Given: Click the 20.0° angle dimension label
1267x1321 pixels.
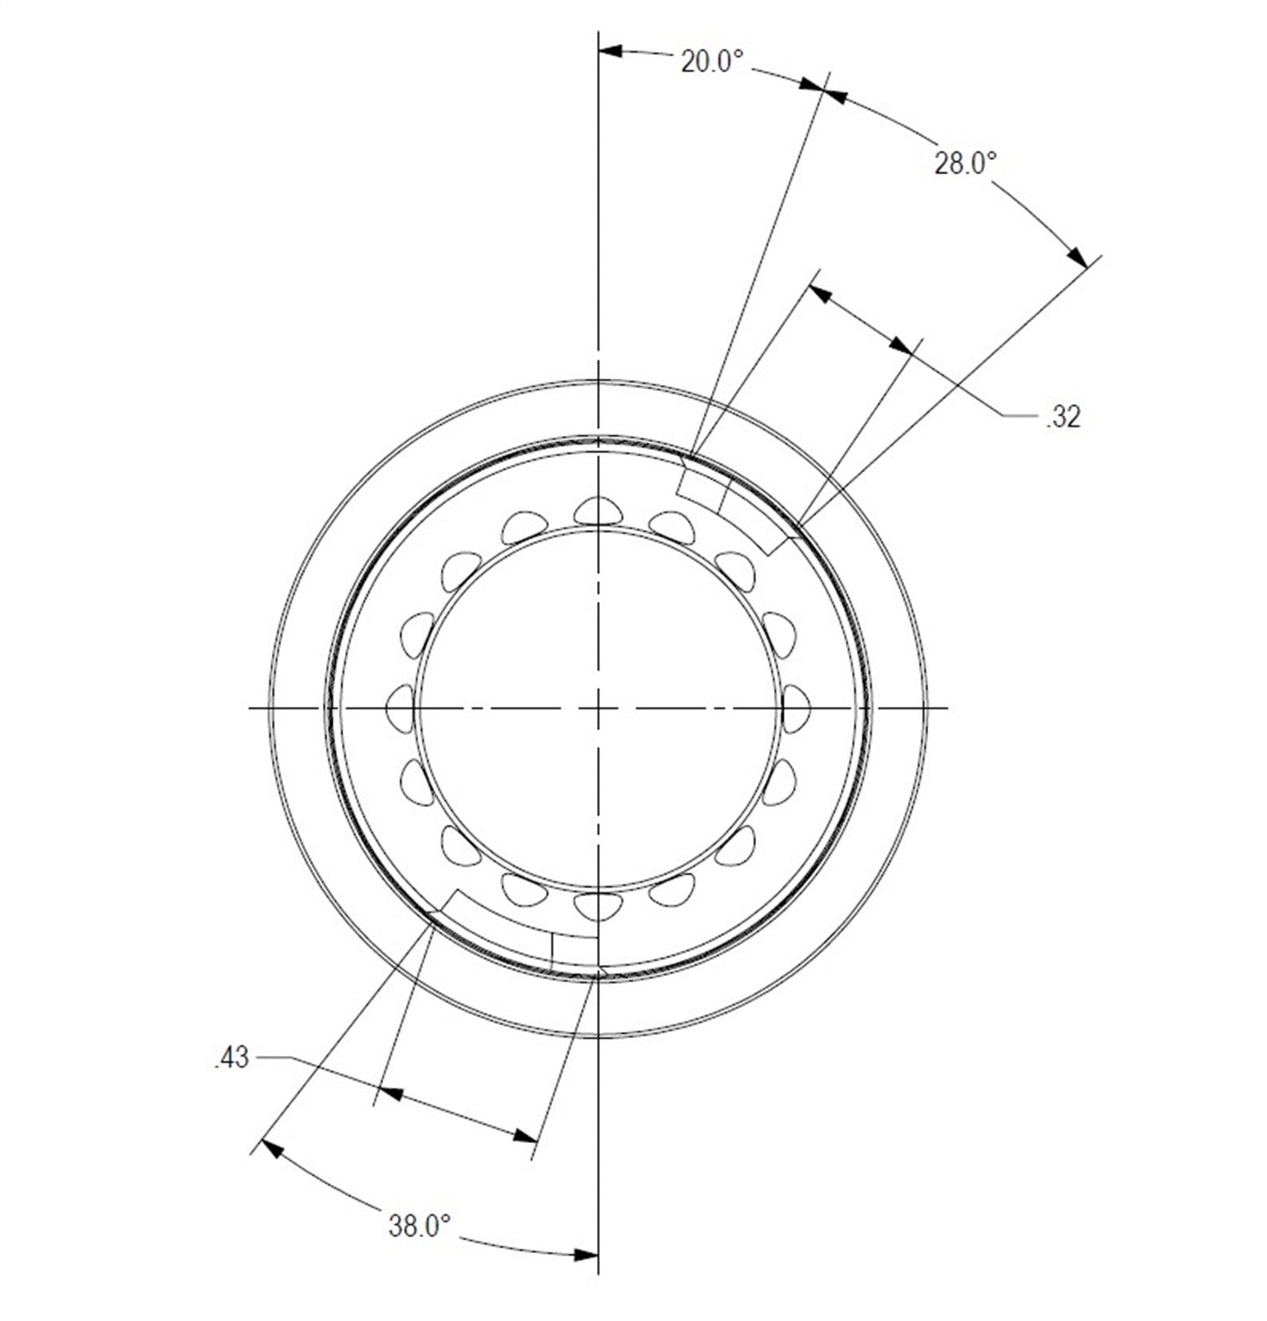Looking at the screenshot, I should (711, 62).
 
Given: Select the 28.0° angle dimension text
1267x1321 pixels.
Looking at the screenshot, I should (965, 163).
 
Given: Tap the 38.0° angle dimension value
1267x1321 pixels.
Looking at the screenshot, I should (419, 1225).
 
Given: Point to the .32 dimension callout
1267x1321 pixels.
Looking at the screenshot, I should (1063, 417).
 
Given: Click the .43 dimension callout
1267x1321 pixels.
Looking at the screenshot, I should (232, 1058).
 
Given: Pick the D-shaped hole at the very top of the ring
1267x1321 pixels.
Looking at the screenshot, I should (598, 510).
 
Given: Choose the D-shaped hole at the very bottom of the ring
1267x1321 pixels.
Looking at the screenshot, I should (598, 904).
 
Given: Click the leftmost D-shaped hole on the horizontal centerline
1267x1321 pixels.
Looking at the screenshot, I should (401, 707).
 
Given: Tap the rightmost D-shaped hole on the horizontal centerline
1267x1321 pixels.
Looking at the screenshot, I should (795, 707).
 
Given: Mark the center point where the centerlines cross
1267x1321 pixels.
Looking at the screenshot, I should (598, 707).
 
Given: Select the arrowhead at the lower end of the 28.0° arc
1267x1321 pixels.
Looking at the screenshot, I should (1076, 255).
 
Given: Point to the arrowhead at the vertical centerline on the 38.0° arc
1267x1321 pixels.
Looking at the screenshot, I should (586, 1254).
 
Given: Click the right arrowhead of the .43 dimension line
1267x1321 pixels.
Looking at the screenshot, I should (525, 1135).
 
